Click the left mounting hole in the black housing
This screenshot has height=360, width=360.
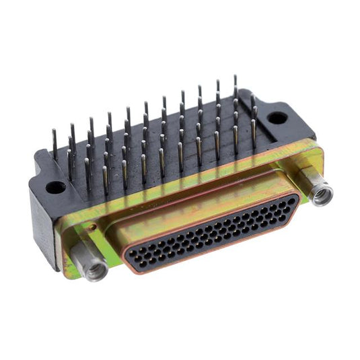tap(56, 186)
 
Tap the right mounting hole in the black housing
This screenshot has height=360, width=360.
tap(277, 118)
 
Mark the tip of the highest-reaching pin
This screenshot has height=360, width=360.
tap(235, 77)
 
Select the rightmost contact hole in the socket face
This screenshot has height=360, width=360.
tap(291, 201)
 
